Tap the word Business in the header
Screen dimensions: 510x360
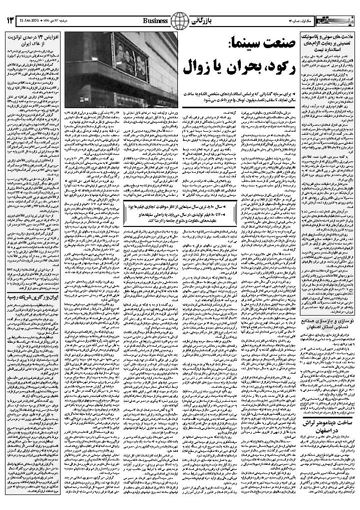[x=156, y=21]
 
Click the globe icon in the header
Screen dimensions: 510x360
[x=179, y=21]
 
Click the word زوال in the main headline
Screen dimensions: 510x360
[x=193, y=66]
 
